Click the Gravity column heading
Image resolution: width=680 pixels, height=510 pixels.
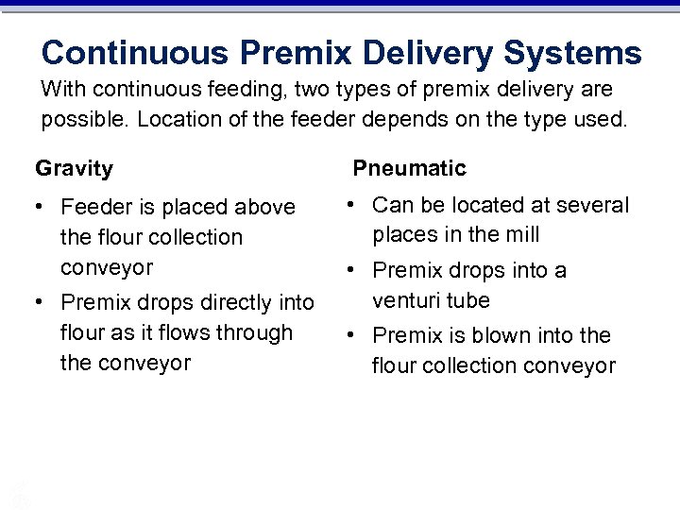point(74,169)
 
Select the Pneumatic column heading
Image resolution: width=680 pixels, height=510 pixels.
point(410,169)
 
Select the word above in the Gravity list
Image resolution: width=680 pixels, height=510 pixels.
point(263,207)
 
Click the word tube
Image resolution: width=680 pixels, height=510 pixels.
point(469,301)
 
